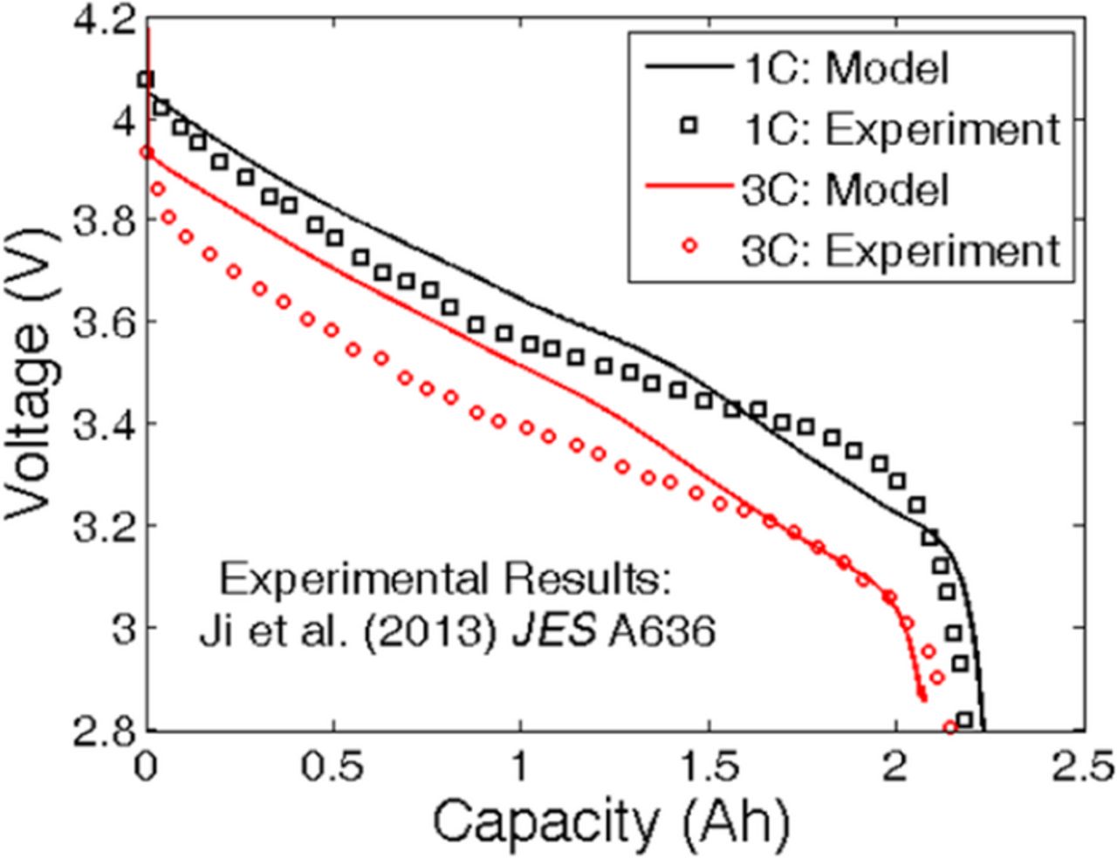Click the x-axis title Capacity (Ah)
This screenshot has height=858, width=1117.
611,821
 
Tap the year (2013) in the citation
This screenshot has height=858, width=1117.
411,631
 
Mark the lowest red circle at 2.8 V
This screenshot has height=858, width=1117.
950,727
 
